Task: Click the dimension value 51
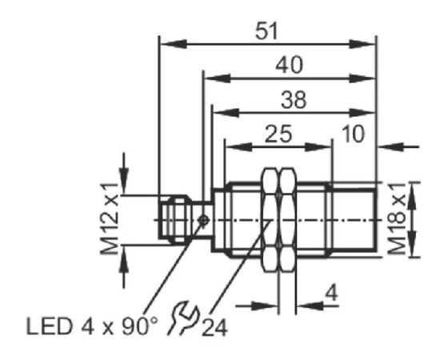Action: (x=266, y=31)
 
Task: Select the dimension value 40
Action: (x=289, y=65)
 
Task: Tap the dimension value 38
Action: (x=294, y=100)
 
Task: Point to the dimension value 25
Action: (x=278, y=134)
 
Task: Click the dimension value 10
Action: (x=354, y=134)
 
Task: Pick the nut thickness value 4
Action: (x=331, y=294)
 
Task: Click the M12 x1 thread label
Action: (x=109, y=218)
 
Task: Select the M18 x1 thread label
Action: (x=397, y=218)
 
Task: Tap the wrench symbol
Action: (x=184, y=318)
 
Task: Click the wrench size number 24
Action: (x=214, y=327)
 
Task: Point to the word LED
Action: (x=49, y=326)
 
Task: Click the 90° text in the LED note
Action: (x=139, y=326)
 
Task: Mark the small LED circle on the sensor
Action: (x=203, y=220)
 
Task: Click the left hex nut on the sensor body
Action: (x=270, y=220)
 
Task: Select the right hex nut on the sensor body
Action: (x=288, y=220)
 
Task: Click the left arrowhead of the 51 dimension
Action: (x=173, y=44)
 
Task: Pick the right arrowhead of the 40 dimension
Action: (x=362, y=78)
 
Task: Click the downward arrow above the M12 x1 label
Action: (x=124, y=174)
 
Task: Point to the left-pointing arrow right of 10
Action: (x=398, y=146)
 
